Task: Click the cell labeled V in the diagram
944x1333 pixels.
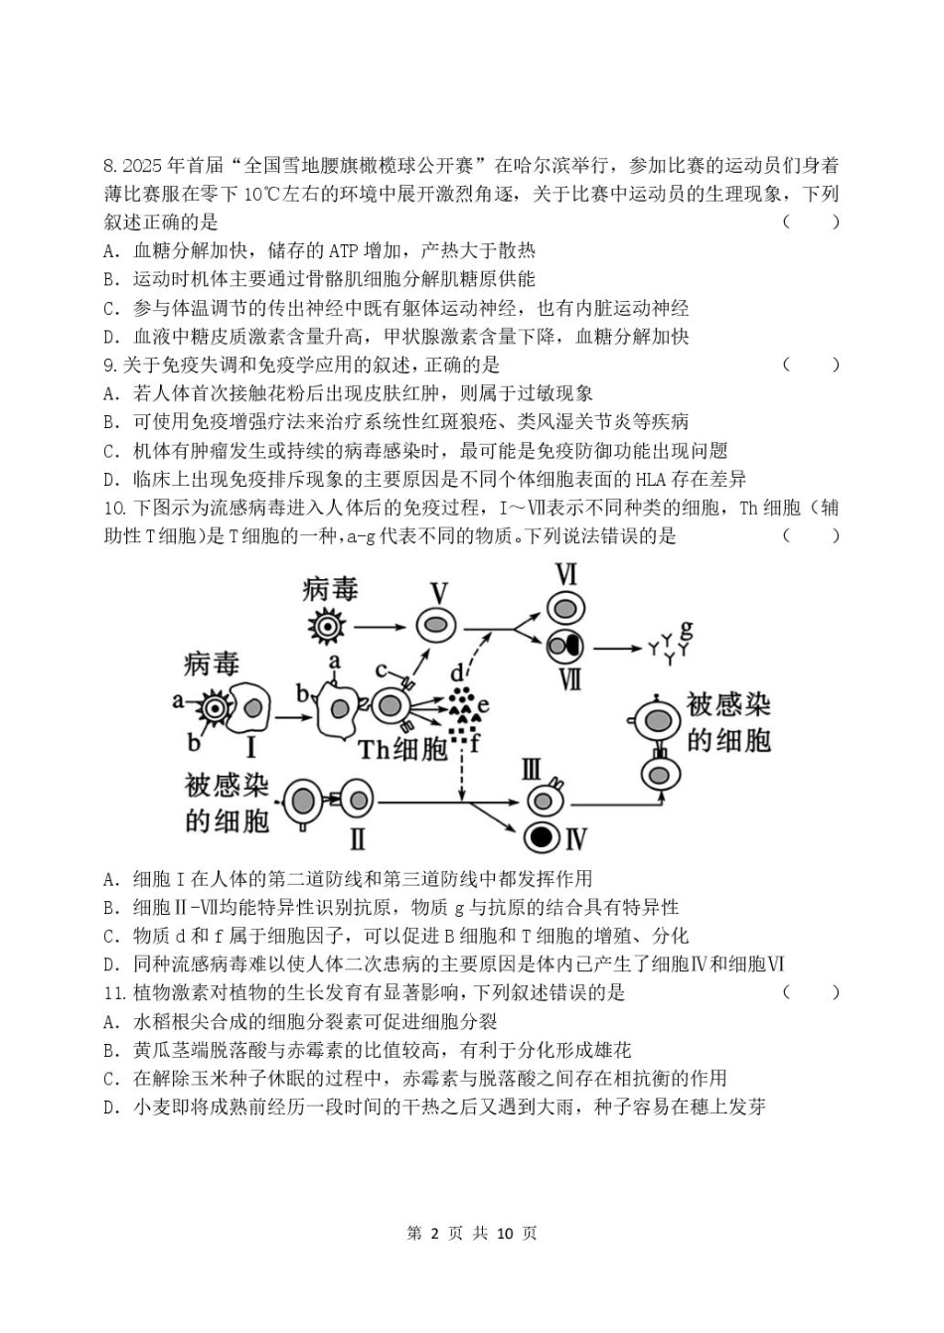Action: coord(435,626)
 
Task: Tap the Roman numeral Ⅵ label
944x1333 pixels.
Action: coord(565,576)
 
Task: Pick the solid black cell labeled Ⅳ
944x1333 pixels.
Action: coord(542,837)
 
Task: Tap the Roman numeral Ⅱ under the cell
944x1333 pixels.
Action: coord(357,838)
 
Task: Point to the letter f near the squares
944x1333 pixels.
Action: coord(474,742)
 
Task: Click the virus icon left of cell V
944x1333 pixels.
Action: coord(325,626)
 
